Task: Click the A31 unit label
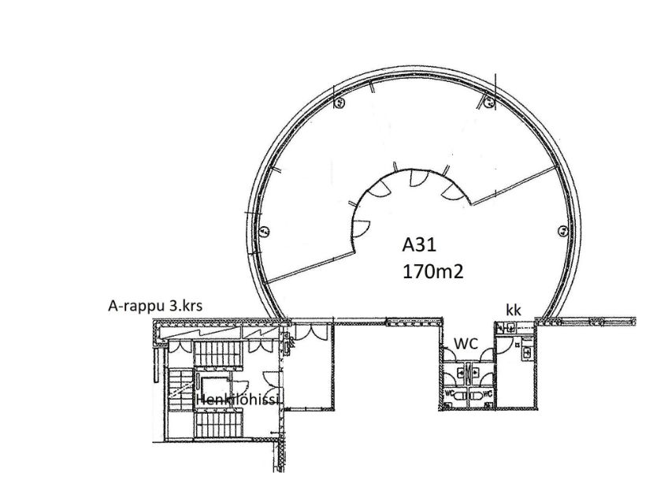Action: [420, 245]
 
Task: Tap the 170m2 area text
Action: [432, 272]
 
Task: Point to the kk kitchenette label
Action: [514, 310]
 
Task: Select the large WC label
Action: [466, 343]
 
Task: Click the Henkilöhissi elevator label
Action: [237, 400]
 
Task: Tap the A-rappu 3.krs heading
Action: [155, 306]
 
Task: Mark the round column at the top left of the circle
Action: [339, 102]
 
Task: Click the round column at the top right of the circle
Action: [489, 102]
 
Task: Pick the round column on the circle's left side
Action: [265, 231]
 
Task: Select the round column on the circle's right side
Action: [563, 231]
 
